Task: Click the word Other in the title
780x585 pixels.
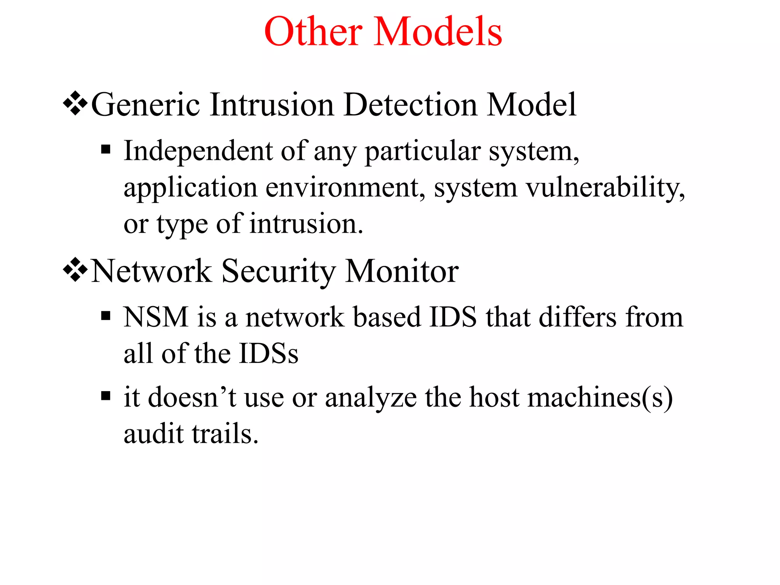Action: click(x=313, y=32)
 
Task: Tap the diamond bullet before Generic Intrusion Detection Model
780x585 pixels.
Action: click(x=75, y=103)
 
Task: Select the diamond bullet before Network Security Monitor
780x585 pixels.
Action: click(x=75, y=270)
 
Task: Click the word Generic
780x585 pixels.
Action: click(x=145, y=105)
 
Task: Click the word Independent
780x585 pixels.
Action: click(x=198, y=152)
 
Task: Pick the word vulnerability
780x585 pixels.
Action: click(x=604, y=188)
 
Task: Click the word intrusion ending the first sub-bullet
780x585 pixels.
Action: click(x=306, y=224)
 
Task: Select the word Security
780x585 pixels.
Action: click(x=279, y=272)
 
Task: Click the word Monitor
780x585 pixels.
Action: click(x=401, y=272)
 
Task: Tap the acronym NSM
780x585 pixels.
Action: click(x=156, y=317)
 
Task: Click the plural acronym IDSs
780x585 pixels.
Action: click(x=269, y=354)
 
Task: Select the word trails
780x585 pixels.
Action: click(x=225, y=434)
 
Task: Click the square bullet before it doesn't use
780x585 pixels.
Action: click(x=106, y=396)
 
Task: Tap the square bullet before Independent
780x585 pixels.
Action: click(x=106, y=149)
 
